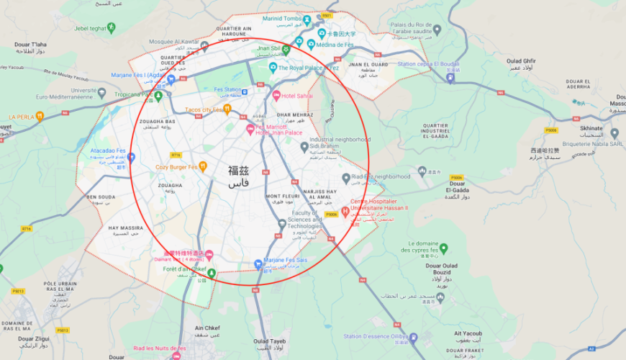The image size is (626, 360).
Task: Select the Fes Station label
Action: pos(227,90)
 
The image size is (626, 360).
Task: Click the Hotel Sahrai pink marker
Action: pos(276,95)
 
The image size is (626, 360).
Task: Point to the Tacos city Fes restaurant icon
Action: pos(227,109)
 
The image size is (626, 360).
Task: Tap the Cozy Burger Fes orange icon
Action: pos(203,166)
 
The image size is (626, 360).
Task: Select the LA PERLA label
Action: pos(22,116)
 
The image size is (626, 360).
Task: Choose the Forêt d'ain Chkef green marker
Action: pos(212,272)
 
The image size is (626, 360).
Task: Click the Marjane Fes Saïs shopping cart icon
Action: pos(258,263)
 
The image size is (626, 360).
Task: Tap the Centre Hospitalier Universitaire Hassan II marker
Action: pos(346,212)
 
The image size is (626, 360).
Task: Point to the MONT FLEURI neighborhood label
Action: pos(282,197)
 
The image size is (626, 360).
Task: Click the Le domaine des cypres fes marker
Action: pos(443,248)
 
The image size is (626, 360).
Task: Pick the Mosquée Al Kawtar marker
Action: pos(204,46)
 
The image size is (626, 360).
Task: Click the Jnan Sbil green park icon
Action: pos(286,49)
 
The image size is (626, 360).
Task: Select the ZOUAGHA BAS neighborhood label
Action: pos(158,122)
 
